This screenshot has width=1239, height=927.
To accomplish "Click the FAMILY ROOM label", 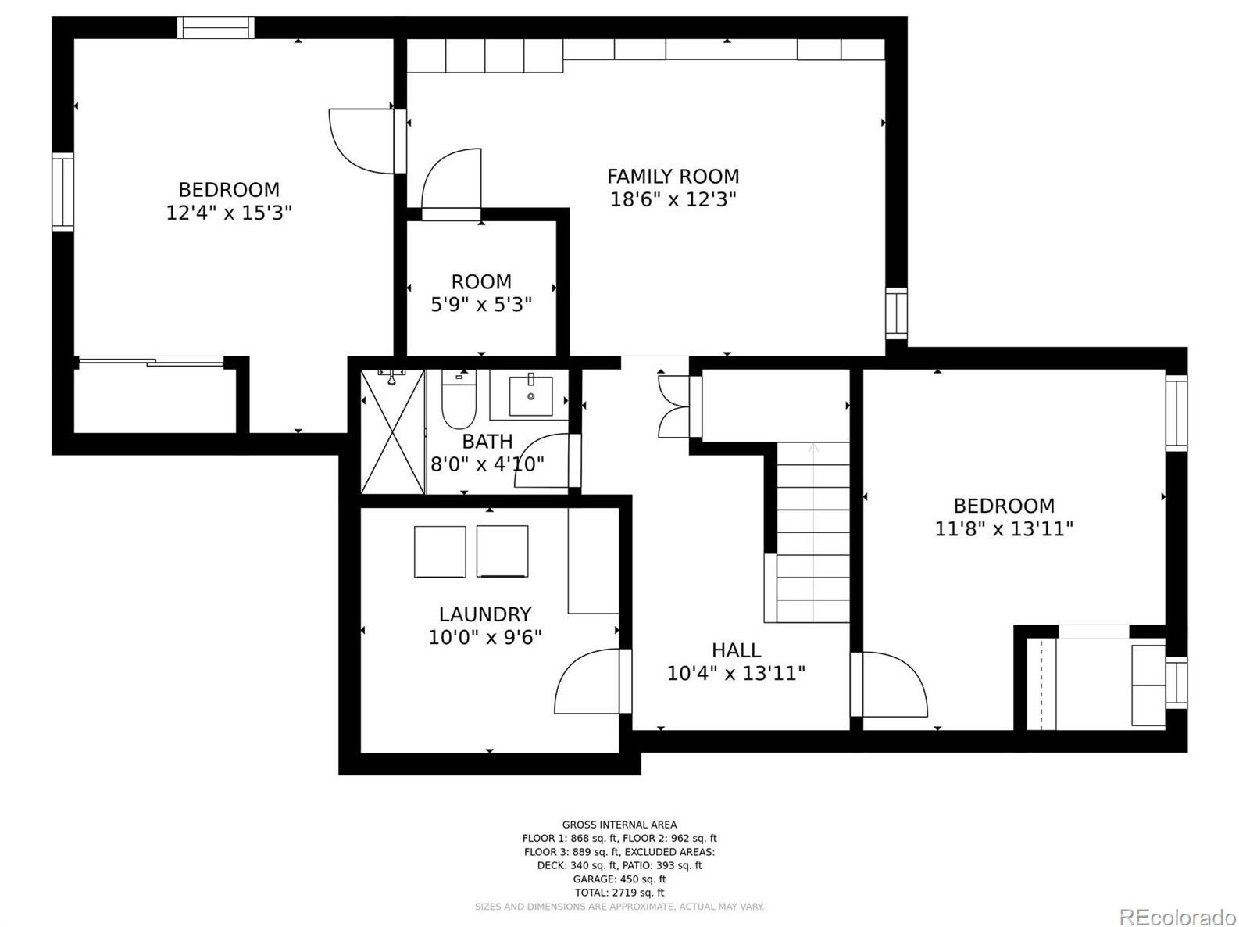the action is (x=673, y=177).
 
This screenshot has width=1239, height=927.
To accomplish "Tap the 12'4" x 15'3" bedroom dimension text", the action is (x=229, y=213).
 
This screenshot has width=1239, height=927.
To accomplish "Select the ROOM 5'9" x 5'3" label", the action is (x=481, y=293).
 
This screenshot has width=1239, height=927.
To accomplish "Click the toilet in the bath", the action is (x=459, y=399).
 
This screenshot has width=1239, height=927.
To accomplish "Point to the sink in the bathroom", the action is (x=530, y=396).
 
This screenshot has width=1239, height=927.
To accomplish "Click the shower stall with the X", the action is (x=392, y=432).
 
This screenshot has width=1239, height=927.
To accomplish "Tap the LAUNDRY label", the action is (x=485, y=614).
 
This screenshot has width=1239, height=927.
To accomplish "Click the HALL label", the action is (x=736, y=650).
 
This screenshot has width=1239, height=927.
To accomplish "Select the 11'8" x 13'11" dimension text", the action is (x=1004, y=529).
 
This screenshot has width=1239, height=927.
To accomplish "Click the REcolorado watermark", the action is (x=1177, y=900).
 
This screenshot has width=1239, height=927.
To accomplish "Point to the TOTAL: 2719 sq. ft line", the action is (x=619, y=893).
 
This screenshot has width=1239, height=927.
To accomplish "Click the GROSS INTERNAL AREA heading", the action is (x=619, y=825).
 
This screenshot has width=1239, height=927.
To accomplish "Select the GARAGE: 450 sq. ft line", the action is (x=619, y=879).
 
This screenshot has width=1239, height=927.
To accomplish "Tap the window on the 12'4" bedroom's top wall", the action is (x=216, y=27).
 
